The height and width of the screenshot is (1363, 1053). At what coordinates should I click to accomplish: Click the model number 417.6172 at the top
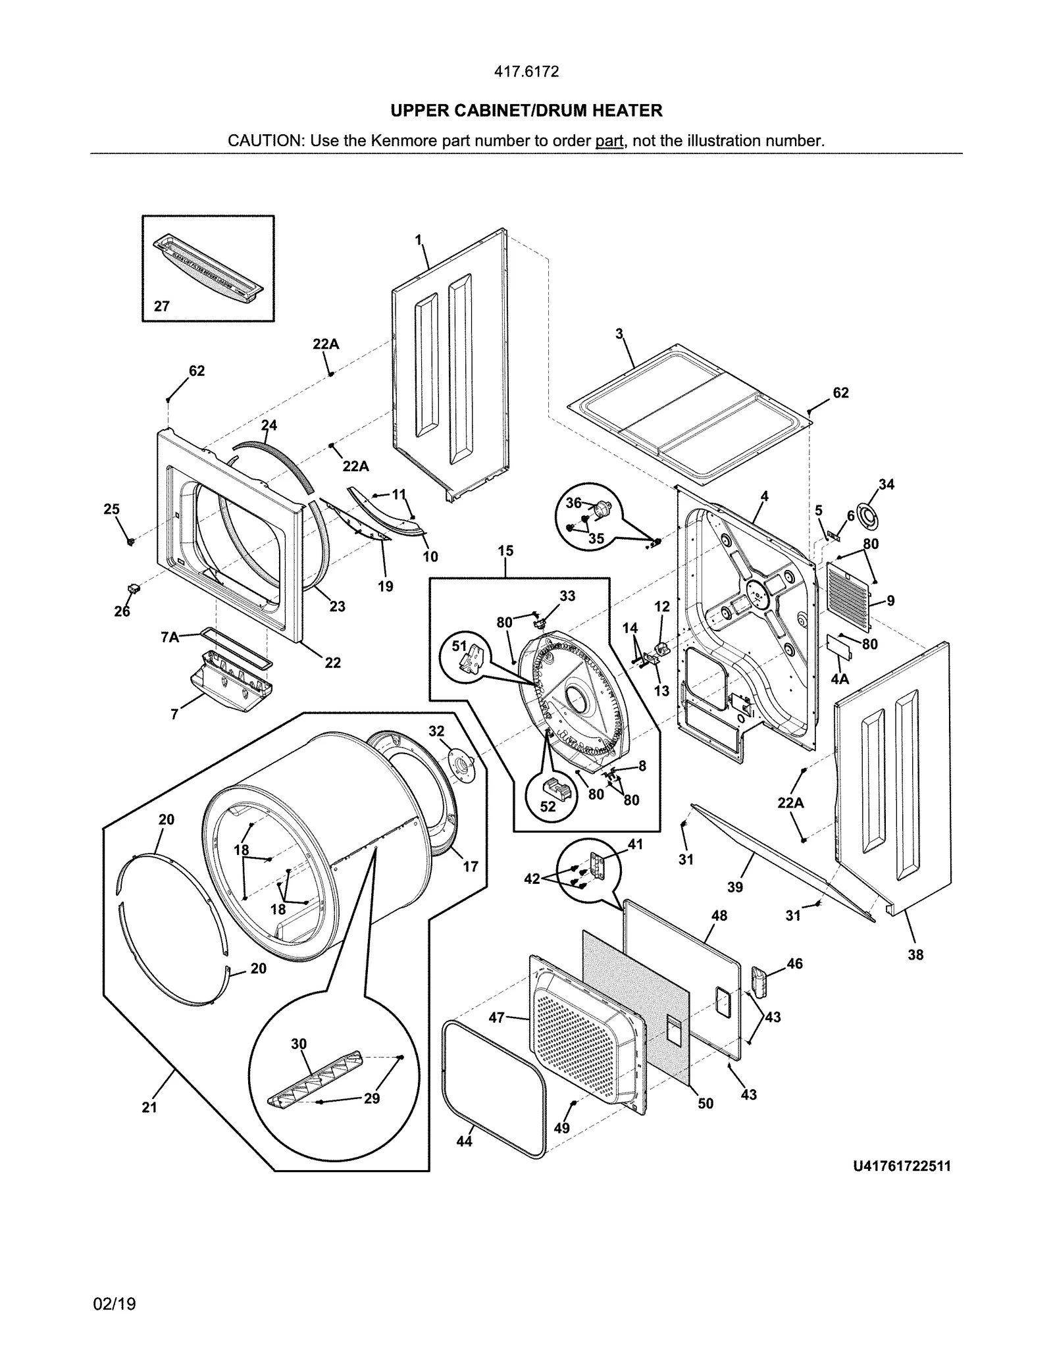(x=526, y=72)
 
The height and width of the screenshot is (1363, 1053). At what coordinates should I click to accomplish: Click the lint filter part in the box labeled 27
(x=209, y=268)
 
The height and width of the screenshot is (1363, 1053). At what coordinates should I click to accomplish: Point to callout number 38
(x=915, y=954)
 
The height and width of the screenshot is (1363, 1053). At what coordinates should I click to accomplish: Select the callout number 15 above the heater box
(x=505, y=551)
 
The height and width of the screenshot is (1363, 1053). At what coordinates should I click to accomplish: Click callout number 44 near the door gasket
(x=464, y=1141)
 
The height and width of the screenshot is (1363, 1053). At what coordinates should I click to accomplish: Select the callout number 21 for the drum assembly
(x=149, y=1108)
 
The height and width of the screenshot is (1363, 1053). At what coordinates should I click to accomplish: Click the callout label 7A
(x=169, y=636)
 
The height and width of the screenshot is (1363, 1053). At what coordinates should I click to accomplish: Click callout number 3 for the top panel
(x=619, y=334)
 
